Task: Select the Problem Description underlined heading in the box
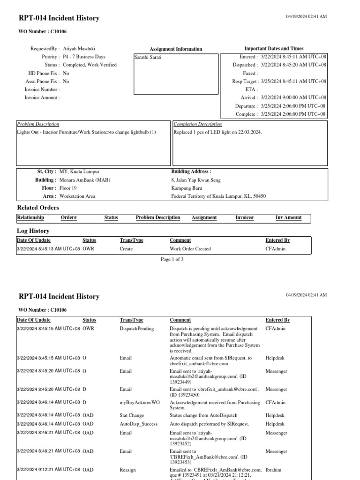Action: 38,124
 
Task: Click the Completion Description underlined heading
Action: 198,124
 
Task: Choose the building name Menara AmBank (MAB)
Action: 85,180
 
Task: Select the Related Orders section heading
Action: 38,208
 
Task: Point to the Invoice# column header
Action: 244,217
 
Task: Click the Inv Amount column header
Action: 288,217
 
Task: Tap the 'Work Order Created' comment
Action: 190,249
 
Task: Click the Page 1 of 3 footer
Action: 172,259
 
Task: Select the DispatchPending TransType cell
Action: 137,329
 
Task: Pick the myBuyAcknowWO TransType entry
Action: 140,402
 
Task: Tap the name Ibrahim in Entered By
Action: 274,469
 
